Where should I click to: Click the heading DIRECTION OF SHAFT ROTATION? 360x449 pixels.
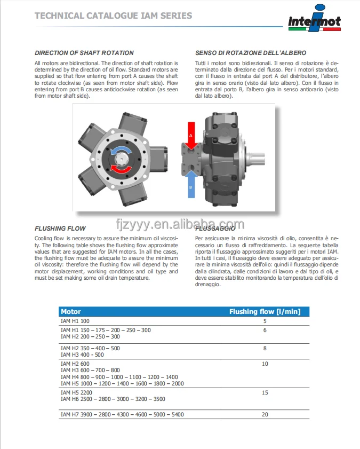point(84,53)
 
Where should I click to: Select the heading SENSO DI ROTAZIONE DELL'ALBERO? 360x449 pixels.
point(251,53)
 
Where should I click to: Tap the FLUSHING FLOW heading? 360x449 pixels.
point(60,228)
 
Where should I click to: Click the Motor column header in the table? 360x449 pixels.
point(71,311)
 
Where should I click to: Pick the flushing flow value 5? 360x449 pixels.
point(265,321)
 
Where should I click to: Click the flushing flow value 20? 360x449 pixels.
point(265,414)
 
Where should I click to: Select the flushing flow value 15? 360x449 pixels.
point(265,392)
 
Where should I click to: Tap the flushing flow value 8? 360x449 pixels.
point(265,348)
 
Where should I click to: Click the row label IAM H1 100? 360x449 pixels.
point(75,321)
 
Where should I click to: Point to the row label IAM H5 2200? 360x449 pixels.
point(76,392)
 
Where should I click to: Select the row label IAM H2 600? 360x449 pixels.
point(75,364)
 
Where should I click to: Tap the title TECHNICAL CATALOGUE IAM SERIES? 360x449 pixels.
point(113,16)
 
